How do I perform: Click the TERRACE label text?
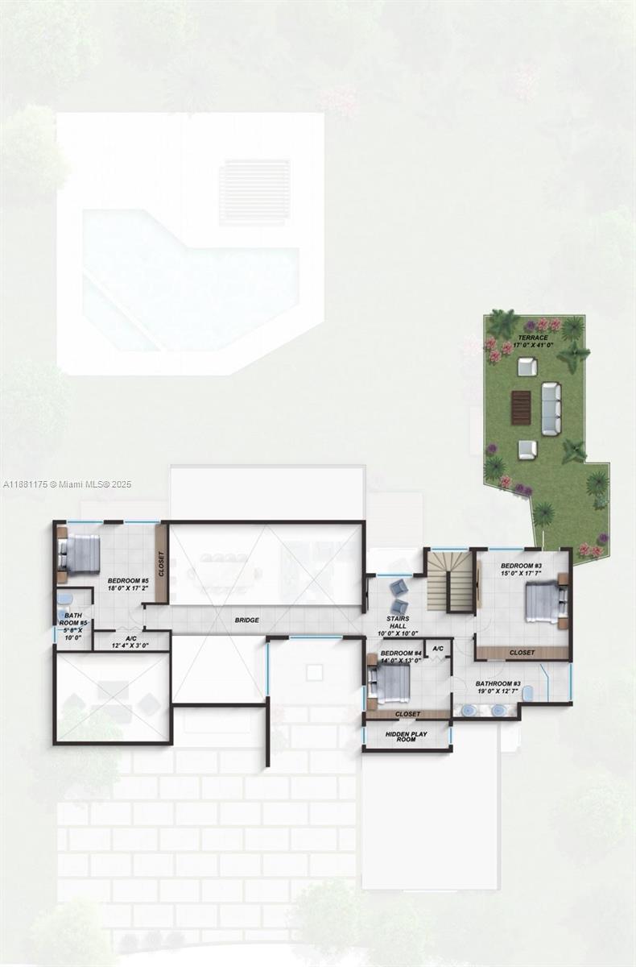coord(533,338)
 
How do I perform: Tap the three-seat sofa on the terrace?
coord(551,409)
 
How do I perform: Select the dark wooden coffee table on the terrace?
coord(521,408)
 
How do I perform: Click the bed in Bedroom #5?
coord(80,554)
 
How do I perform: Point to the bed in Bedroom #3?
coord(543,604)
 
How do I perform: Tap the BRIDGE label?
coord(246,620)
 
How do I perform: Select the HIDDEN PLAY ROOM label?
coord(406,736)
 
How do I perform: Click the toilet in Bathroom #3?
coord(527,693)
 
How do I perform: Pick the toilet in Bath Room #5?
coord(64,600)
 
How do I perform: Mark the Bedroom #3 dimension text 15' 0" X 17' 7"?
coord(521,574)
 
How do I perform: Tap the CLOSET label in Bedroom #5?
coord(161,563)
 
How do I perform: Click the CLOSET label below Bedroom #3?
coord(522,652)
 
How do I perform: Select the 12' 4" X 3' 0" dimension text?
coord(130,645)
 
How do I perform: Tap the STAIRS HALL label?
coord(398,622)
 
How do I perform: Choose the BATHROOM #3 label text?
coord(498,683)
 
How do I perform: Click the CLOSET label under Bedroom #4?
coord(407,714)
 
